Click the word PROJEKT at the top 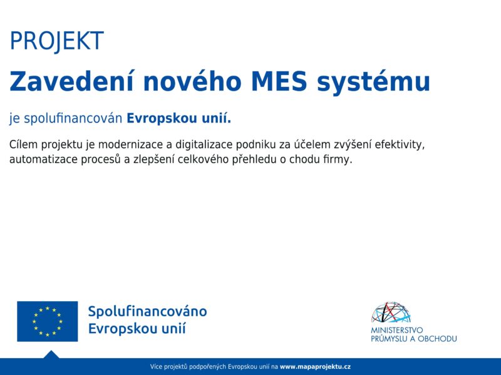point(57,41)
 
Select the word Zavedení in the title point(71,81)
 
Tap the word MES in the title point(279,82)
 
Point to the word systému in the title point(373,84)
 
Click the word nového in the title point(192,81)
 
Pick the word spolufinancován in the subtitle point(73,118)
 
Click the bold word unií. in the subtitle point(216,118)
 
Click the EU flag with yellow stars point(48,321)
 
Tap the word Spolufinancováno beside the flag point(148,311)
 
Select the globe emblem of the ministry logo point(391,312)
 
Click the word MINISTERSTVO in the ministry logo point(396,330)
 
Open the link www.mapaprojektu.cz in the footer point(316,367)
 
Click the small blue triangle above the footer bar point(51,354)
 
